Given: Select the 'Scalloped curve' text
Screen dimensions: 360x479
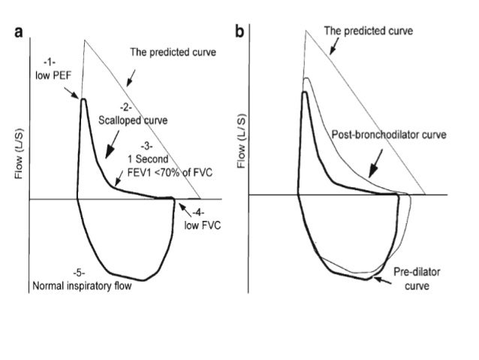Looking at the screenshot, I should [133, 119].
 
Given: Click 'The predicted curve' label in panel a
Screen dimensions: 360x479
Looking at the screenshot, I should [173, 53].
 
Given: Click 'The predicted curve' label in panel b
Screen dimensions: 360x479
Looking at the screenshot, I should [368, 32].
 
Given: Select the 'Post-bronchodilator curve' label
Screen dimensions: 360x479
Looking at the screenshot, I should [389, 135].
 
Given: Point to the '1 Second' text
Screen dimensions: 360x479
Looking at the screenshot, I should [149, 159].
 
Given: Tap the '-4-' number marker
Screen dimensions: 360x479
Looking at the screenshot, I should [201, 211].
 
